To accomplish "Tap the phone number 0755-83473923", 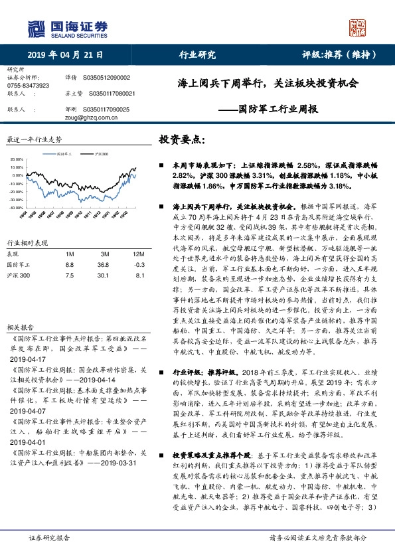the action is pos(29,86).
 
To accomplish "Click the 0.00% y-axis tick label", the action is pos(18,175).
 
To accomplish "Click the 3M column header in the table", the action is pos(104,254).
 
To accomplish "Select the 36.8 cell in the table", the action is pos(104,264).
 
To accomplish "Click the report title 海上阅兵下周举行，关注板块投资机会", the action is pos(268,84).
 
